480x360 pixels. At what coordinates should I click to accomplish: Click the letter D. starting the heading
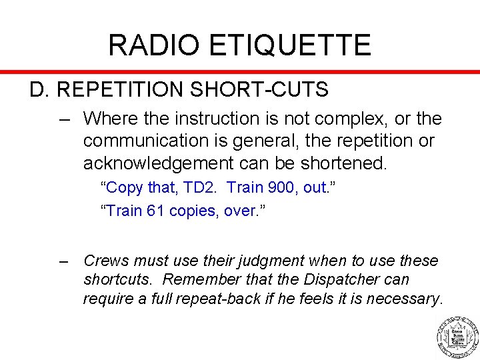39,90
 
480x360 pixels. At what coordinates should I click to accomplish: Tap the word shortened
347,163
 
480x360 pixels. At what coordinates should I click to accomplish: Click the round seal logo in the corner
457,335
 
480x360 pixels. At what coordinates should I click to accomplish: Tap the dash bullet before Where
65,119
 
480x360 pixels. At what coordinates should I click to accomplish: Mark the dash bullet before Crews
65,261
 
